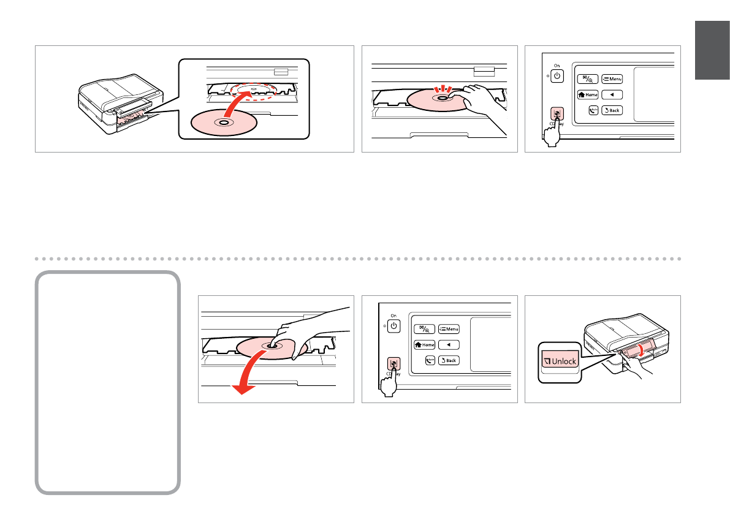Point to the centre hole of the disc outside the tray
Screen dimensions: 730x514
222,123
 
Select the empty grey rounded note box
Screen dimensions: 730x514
108,382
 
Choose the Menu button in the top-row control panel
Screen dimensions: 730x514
612,78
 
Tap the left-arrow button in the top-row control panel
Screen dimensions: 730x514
612,95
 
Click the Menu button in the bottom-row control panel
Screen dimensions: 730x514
449,328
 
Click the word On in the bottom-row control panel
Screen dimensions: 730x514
394,315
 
